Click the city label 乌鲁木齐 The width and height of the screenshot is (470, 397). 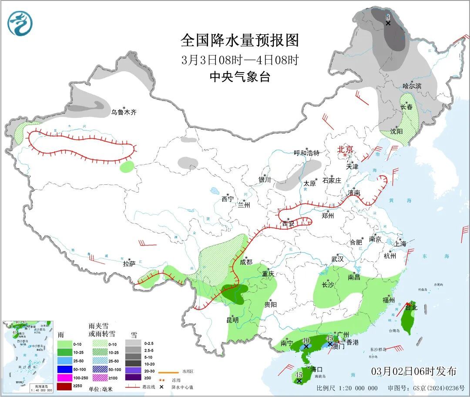124,112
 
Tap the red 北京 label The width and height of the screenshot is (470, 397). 346,149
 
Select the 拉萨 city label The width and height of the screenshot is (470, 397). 129,264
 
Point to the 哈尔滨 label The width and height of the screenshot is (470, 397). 412,86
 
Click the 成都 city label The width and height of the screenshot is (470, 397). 246,262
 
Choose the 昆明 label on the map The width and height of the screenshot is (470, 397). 232,320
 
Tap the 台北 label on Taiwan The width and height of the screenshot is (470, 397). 411,307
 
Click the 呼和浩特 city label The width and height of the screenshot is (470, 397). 306,153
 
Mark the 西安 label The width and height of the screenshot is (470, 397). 288,224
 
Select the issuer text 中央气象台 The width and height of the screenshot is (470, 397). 240,77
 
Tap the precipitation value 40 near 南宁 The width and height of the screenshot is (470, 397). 306,340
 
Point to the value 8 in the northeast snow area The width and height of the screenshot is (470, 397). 387,17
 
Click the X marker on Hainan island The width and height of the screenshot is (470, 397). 299,381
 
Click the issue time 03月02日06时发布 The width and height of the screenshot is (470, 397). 414,371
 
